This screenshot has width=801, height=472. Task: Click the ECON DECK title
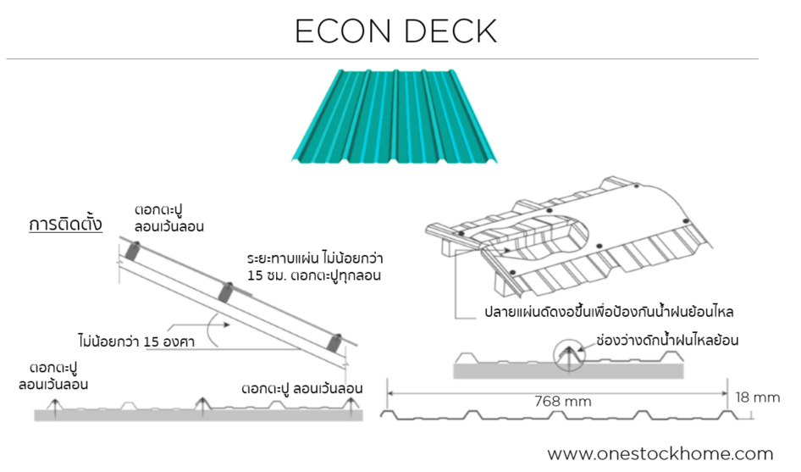click(x=395, y=31)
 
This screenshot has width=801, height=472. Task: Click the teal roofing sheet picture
click(x=395, y=116)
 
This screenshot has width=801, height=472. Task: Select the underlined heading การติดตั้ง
click(x=65, y=225)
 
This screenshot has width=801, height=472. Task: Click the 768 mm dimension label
click(x=562, y=401)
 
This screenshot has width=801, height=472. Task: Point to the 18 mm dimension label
click(x=758, y=397)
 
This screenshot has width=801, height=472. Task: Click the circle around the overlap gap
click(x=571, y=357)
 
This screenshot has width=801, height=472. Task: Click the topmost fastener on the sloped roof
click(x=134, y=251)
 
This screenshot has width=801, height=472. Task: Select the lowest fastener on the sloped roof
click(x=335, y=342)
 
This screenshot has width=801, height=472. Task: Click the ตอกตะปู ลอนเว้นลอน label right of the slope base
click(x=301, y=388)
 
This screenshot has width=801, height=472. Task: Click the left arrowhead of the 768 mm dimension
click(x=391, y=392)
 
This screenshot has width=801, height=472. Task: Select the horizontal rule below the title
click(x=382, y=59)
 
